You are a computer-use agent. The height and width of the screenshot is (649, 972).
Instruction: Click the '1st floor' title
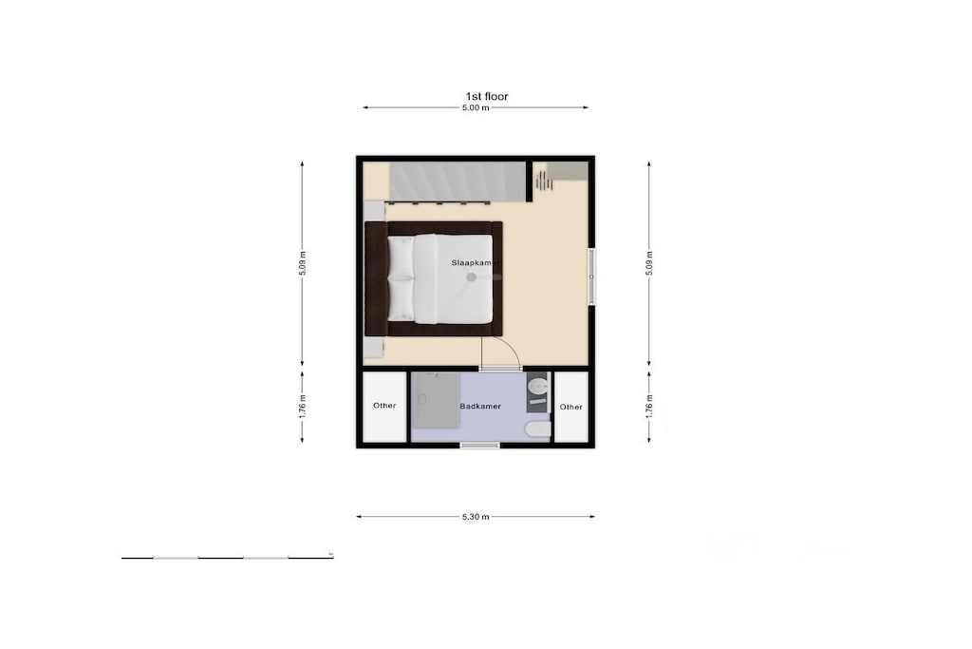487,96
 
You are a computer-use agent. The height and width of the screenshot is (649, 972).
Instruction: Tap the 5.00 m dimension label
476,108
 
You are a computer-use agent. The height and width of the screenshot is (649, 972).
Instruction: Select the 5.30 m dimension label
476,517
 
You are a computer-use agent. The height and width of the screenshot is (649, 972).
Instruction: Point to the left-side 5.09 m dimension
302,263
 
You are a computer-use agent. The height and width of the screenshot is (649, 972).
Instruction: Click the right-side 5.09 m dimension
649,263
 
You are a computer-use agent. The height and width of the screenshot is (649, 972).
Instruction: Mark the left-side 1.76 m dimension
302,407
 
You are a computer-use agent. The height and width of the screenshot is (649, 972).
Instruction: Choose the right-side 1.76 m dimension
649,407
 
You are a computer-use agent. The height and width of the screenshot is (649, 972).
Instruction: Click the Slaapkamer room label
476,263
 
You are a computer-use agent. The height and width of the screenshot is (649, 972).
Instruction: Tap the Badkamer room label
480,407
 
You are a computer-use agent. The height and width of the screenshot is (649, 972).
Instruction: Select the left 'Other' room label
384,406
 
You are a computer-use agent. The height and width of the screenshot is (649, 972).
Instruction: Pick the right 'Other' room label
570,407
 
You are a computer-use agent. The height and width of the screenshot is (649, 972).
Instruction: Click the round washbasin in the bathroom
538,387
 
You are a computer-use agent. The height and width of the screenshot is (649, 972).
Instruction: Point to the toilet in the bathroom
537,429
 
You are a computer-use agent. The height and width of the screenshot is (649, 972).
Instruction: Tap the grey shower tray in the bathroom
435,400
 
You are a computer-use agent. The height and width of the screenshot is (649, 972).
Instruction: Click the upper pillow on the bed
401,257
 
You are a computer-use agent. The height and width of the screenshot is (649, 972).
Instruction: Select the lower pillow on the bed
401,299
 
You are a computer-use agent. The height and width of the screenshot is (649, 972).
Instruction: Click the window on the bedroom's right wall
592,277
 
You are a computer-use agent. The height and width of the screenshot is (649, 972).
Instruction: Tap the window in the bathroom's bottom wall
480,445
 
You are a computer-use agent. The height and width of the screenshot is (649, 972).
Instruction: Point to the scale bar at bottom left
228,558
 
